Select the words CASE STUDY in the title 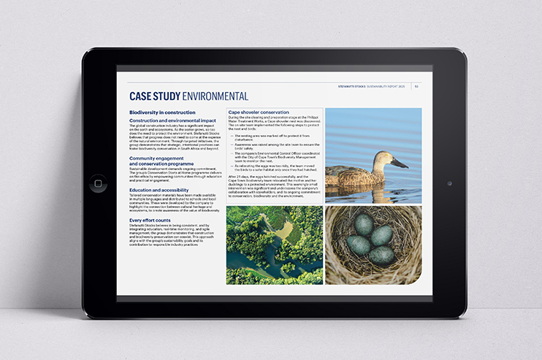(x=154, y=96)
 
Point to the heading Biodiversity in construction (x=161, y=112)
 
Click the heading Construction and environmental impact (x=172, y=120)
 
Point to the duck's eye (x=387, y=157)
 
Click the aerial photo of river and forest (x=274, y=245)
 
